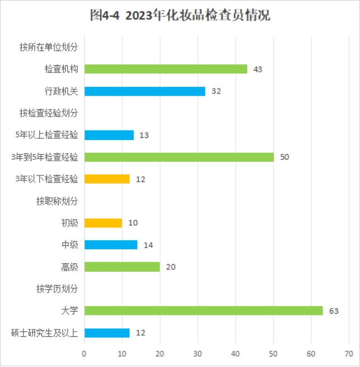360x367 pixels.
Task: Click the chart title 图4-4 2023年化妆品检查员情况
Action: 180,16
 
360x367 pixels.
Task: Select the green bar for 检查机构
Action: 166,69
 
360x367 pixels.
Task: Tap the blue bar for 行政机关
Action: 144,91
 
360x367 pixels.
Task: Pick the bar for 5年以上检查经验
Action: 109,135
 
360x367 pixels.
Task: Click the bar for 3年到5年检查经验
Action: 179,157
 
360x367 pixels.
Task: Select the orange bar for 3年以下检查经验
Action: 107,179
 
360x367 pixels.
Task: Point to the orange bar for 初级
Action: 103,223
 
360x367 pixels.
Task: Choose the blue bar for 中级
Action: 111,245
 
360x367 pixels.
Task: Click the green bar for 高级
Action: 122,267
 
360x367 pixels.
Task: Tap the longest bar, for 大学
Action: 203,310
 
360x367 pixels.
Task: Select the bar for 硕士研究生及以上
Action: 107,332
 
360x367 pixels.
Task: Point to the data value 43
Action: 258,69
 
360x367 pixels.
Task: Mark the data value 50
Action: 284,157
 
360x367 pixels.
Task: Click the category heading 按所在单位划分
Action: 49,47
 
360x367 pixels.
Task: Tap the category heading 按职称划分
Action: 57,201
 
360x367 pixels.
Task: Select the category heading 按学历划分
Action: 57,289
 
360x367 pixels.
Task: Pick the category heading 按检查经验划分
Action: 49,113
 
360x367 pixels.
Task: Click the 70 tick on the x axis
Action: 349,354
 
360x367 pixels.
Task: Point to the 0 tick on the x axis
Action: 84,354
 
